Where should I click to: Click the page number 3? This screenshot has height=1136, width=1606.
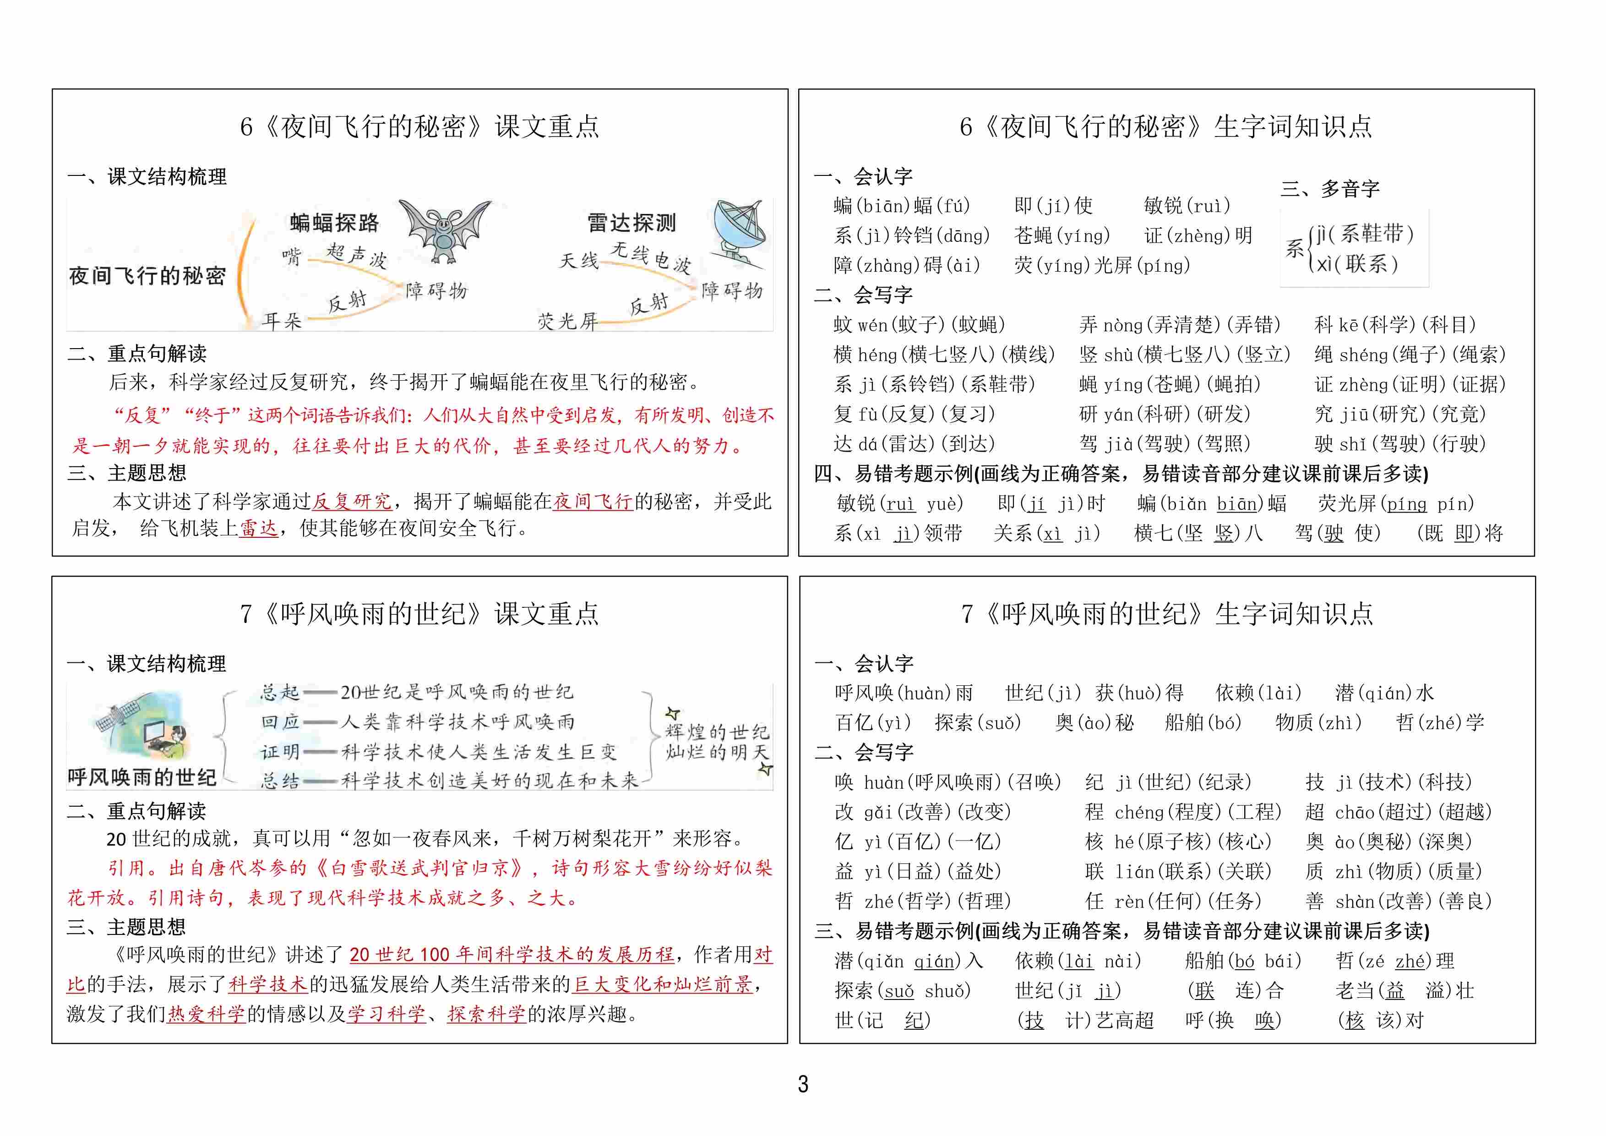click(803, 1084)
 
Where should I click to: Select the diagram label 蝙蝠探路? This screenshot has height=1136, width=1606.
click(334, 223)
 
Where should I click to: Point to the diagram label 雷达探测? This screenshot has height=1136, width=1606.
click(632, 223)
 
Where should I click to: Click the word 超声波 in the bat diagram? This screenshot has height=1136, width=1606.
click(357, 256)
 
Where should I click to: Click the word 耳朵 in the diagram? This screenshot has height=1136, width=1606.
click(282, 321)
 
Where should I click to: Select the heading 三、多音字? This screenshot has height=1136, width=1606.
click(1330, 188)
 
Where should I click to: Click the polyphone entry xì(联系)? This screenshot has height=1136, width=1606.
click(1357, 264)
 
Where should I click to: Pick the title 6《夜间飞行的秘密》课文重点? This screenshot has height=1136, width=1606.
click(419, 126)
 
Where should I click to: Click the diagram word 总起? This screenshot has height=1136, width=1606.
click(280, 693)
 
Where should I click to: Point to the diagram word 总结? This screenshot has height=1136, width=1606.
click(280, 781)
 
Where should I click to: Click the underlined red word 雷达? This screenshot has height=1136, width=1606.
click(259, 528)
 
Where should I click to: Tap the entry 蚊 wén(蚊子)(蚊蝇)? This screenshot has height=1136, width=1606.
click(919, 325)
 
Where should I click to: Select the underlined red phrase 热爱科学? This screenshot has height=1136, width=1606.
click(207, 1014)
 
